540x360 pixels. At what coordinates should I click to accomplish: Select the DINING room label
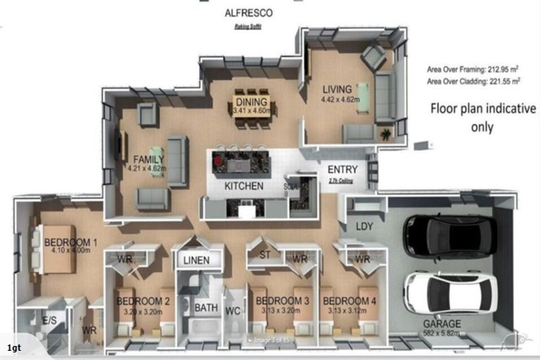[251, 102]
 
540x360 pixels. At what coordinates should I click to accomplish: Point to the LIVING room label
[337, 90]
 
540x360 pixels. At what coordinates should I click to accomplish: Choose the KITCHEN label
[244, 186]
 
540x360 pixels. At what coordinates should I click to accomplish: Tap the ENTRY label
[342, 169]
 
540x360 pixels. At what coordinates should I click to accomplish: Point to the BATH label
[206, 307]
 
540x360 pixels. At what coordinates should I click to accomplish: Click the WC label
[233, 310]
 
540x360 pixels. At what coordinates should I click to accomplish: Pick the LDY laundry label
[364, 226]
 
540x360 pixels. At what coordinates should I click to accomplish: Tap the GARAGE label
[442, 324]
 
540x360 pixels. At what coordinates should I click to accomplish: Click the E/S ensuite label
[50, 320]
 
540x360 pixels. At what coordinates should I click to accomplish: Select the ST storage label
[266, 254]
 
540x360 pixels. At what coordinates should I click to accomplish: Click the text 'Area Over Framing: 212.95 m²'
[472, 70]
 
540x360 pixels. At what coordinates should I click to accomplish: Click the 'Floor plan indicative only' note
[482, 118]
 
